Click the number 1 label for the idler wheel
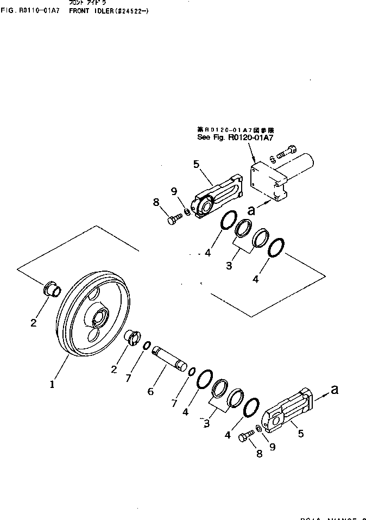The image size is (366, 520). (52, 384)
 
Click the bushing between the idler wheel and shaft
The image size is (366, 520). (133, 337)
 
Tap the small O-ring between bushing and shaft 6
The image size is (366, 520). (147, 346)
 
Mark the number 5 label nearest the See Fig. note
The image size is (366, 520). (196, 163)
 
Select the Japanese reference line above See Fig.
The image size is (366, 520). (235, 130)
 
